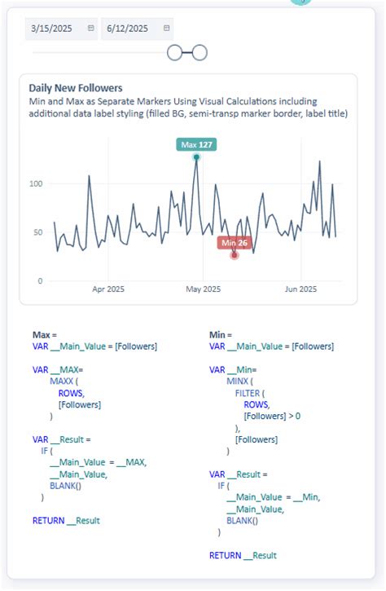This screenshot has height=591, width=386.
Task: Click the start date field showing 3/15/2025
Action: tap(52, 29)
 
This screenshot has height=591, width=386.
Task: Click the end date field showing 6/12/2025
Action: tap(128, 29)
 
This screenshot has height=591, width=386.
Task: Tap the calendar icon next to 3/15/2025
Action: tap(90, 29)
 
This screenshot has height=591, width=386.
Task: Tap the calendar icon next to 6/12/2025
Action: tap(167, 29)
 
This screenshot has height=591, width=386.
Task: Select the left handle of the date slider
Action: tap(174, 53)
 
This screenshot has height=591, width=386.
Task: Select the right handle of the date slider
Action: tap(200, 53)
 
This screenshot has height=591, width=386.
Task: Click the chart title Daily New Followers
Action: tap(76, 87)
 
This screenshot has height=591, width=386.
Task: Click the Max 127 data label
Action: tap(196, 144)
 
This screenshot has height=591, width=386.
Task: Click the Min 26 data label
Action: tap(235, 242)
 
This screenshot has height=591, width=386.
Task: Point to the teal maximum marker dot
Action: tap(196, 157)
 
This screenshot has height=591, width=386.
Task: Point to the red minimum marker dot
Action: tap(235, 255)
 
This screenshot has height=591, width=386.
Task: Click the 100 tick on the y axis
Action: tap(34, 183)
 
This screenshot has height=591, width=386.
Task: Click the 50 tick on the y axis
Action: tap(37, 232)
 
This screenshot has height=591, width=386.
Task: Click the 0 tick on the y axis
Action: tap(39, 280)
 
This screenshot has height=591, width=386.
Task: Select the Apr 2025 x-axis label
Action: tap(108, 289)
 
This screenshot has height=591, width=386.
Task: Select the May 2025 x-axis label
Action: tap(204, 289)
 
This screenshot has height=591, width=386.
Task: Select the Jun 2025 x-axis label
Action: tap(300, 289)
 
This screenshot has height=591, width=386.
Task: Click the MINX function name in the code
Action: tap(239, 381)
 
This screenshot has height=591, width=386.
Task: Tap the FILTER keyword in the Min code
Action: tap(248, 392)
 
